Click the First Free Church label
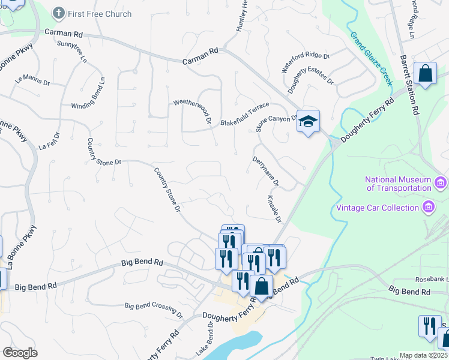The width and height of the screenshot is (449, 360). click(100, 13)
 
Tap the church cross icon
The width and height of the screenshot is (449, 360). click(59, 13)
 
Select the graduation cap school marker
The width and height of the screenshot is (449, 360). click(308, 121)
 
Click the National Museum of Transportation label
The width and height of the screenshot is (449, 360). click(399, 184)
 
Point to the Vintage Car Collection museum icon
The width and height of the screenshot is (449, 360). click(429, 208)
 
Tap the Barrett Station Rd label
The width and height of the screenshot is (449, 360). click(409, 86)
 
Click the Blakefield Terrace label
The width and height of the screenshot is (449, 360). click(245, 114)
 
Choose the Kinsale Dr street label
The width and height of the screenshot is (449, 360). click(274, 208)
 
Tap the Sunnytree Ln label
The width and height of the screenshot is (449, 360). click(72, 52)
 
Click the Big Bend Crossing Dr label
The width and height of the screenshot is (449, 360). click(154, 309)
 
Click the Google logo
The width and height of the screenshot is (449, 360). click(20, 353)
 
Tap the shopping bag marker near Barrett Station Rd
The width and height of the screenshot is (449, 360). click(425, 74)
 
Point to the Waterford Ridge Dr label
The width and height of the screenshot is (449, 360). click(306, 63)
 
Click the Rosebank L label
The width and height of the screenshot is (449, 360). click(432, 280)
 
